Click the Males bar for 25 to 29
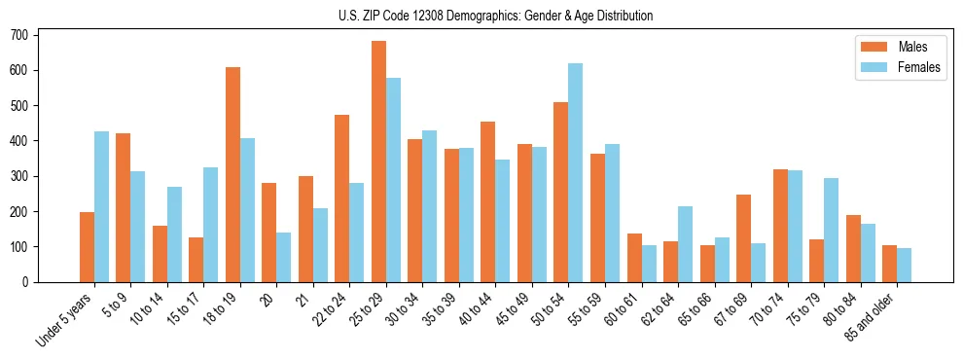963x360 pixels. [378, 162]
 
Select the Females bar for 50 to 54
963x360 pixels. [576, 173]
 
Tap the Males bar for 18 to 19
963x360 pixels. [232, 175]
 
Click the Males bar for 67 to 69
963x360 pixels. [743, 238]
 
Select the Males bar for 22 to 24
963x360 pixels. [342, 198]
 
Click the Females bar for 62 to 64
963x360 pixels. [685, 244]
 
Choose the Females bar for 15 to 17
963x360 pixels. [211, 225]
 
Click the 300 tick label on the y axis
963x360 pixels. [26, 176]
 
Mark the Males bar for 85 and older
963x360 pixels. [889, 264]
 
